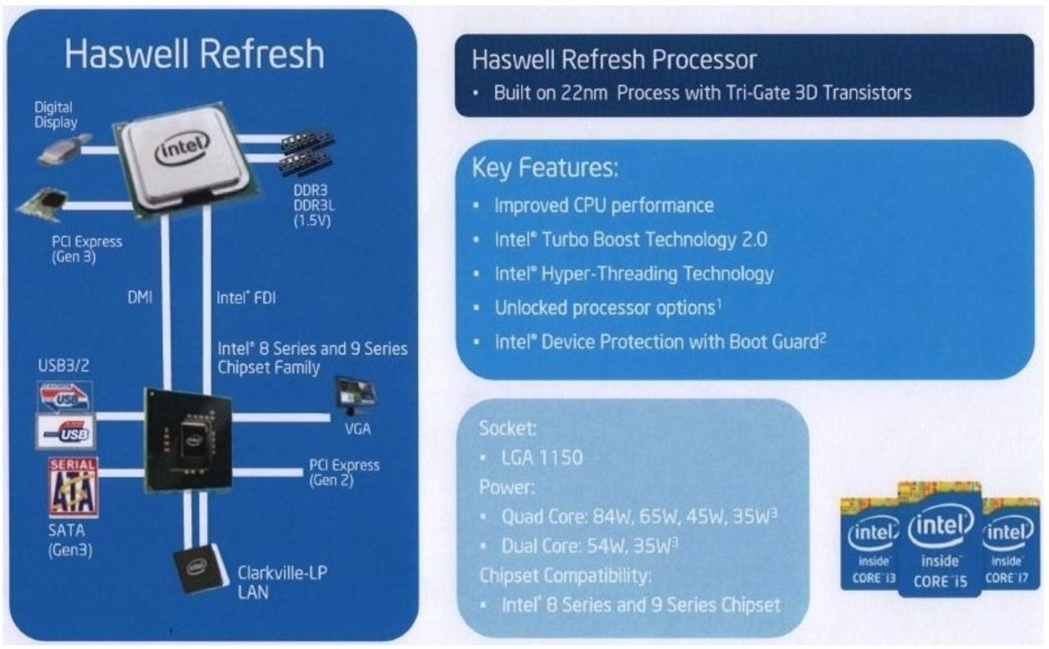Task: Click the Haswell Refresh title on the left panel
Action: [194, 55]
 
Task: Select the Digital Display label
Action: [55, 115]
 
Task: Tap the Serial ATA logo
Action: [73, 488]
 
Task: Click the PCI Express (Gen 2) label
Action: [344, 472]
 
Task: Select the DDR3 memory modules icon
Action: [307, 151]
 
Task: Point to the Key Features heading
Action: [544, 169]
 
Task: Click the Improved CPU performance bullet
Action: [603, 205]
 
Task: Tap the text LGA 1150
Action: [542, 457]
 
